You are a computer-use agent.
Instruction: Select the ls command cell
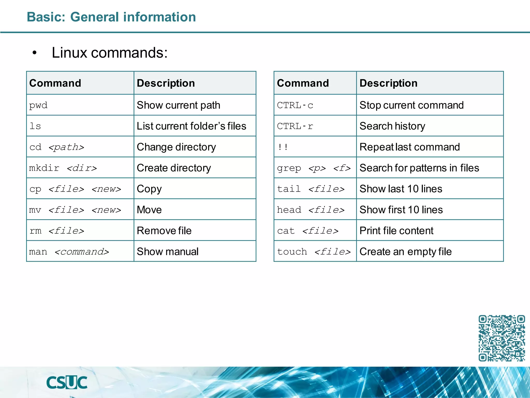[35, 126]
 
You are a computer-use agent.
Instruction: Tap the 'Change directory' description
[176, 147]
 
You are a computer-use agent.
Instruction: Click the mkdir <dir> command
[63, 168]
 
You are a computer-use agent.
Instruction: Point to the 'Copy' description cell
[149, 189]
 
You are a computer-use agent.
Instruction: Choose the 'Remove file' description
[164, 231]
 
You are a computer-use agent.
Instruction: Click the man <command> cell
[69, 252]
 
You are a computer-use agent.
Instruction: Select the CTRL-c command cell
[295, 105]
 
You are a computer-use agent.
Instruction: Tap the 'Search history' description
[392, 126]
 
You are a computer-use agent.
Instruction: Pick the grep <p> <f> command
[314, 168]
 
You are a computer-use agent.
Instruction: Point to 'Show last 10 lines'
[401, 189]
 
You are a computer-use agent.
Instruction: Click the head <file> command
[311, 210]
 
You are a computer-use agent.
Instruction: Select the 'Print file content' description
[396, 231]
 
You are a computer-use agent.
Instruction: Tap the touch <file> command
[314, 252]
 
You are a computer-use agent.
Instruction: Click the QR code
[502, 338]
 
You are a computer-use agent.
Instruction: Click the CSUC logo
[67, 382]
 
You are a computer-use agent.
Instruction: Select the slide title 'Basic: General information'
[111, 17]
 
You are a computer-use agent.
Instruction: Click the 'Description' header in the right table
[388, 83]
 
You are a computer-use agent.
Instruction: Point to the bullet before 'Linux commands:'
[35, 53]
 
